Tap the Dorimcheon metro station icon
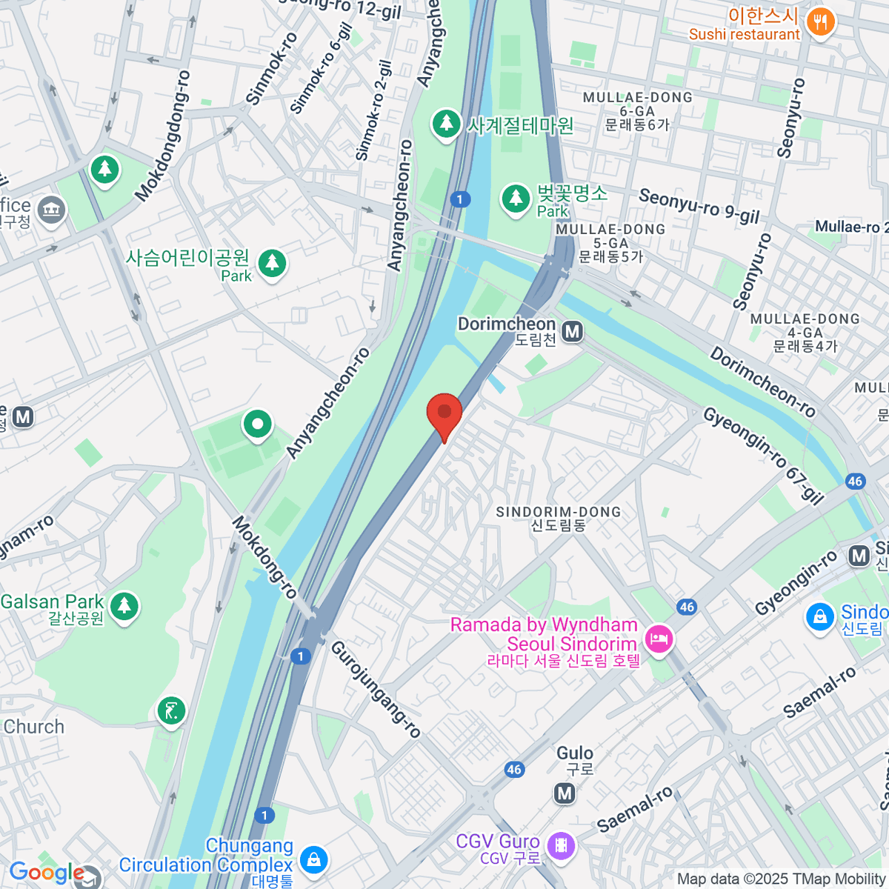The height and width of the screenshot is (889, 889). pos(572,332)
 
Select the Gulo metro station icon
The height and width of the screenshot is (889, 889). pos(565,793)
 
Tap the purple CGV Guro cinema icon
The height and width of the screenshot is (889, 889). pos(561,845)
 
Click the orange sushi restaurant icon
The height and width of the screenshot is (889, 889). pos(819,22)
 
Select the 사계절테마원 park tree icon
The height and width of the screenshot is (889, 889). pos(446,124)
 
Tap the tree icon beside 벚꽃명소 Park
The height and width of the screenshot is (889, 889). pos(515,199)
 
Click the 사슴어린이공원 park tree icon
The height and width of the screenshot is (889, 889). pos(272,263)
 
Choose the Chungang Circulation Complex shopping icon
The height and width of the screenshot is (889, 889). pos(313,859)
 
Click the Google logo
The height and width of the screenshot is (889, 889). pos(46,873)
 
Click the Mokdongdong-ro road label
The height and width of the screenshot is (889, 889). pos(164,137)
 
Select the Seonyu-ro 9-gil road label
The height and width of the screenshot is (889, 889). pos(699,207)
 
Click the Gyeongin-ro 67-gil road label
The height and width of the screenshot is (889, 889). pos(764,456)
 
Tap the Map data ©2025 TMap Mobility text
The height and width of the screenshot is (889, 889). pos(781,879)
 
